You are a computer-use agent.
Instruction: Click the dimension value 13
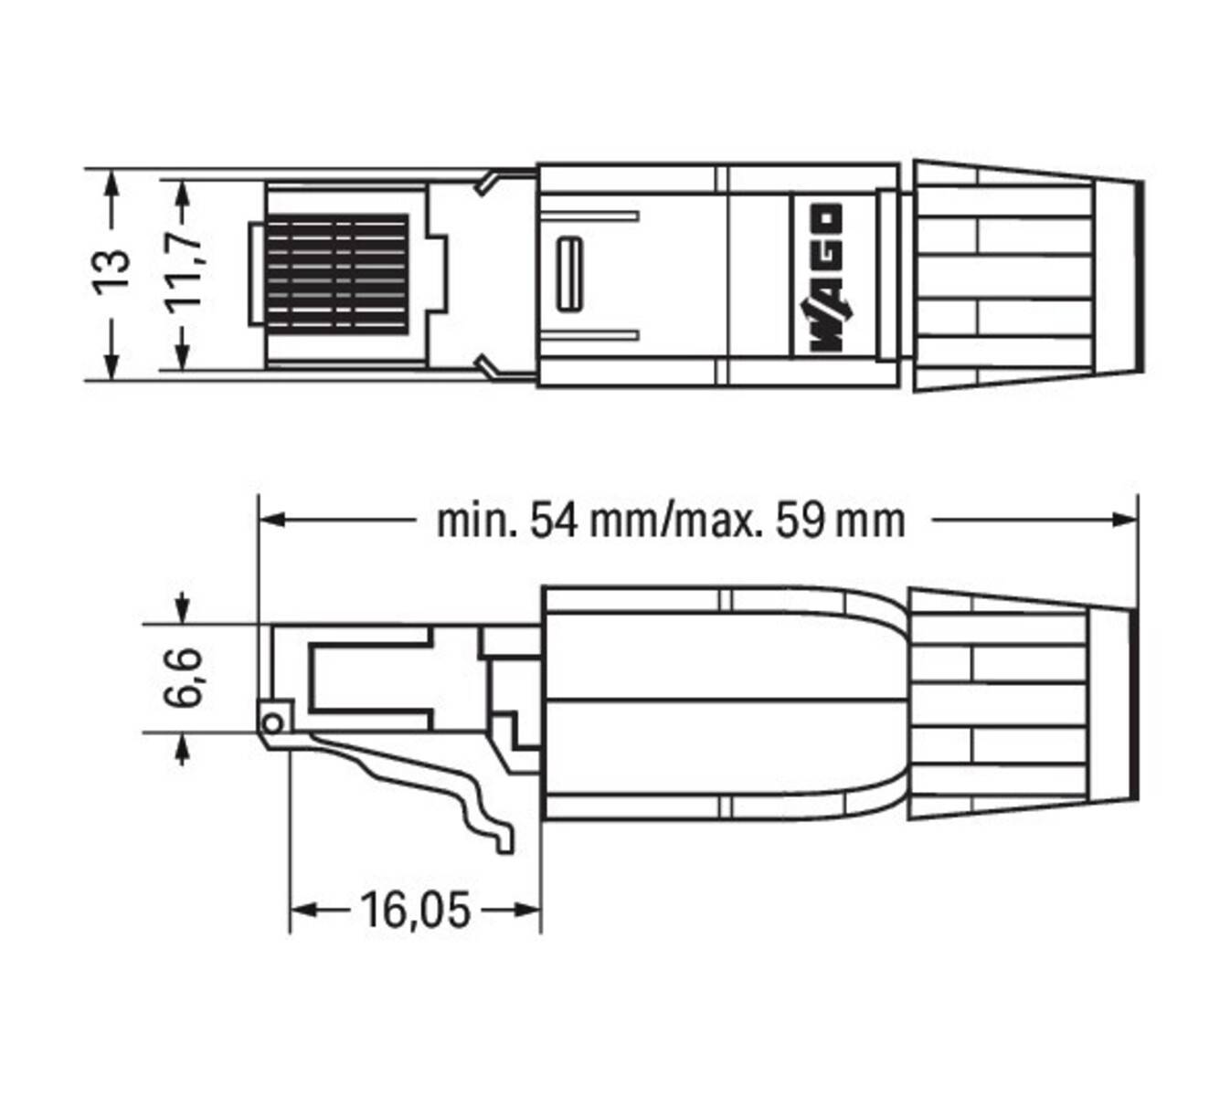[112, 271]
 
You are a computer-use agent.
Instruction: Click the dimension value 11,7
[186, 273]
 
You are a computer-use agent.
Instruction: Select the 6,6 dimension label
[182, 678]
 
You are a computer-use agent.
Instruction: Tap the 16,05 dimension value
[415, 910]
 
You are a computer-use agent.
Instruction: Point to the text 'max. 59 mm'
[790, 521]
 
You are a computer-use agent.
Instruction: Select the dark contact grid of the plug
[336, 272]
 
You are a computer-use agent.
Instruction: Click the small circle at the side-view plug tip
[271, 724]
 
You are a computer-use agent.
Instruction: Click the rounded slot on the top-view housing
[570, 273]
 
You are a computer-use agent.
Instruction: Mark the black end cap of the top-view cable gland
[1139, 276]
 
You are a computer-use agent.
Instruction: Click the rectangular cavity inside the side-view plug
[366, 676]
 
